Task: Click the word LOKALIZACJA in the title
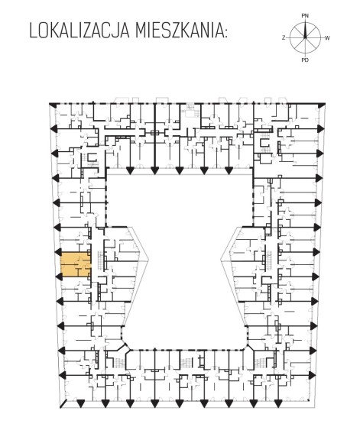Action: pyautogui.click(x=79, y=31)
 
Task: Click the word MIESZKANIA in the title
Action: pyautogui.click(x=178, y=31)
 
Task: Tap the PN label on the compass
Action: pyautogui.click(x=305, y=16)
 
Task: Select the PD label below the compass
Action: pyautogui.click(x=305, y=60)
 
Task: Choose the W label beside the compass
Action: pyautogui.click(x=327, y=38)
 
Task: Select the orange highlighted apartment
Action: pyautogui.click(x=76, y=264)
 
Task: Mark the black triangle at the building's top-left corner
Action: pyautogui.click(x=52, y=105)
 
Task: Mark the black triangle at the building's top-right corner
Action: pyautogui.click(x=321, y=106)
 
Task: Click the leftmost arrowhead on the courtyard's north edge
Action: pyautogui.click(x=130, y=170)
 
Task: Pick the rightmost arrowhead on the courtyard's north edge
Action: pyautogui.click(x=229, y=170)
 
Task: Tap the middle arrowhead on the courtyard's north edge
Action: pyautogui.click(x=179, y=170)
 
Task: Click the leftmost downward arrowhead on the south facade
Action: pyautogui.click(x=80, y=404)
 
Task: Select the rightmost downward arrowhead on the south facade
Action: pyautogui.click(x=277, y=404)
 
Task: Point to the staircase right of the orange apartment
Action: pyautogui.click(x=101, y=260)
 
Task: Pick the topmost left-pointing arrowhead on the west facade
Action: pyautogui.click(x=54, y=129)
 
